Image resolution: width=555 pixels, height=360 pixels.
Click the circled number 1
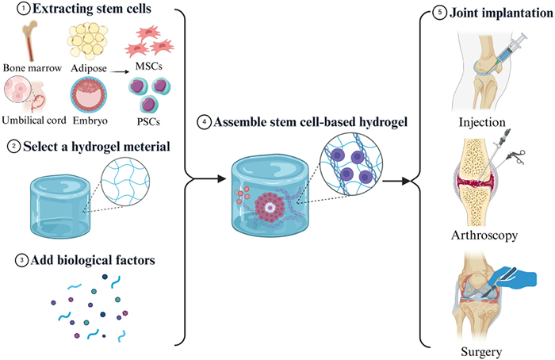(x=12, y=9)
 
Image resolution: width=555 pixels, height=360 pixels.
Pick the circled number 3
(x=12, y=259)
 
